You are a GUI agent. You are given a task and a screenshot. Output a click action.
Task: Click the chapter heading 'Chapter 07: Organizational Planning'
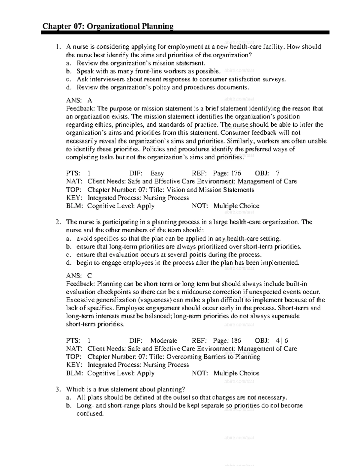(108, 26)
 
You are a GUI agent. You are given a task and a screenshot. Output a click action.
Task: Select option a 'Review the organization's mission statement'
(141, 63)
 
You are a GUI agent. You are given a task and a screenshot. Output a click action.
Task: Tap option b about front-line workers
(148, 71)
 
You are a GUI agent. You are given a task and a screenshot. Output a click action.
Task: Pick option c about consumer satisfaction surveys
(181, 79)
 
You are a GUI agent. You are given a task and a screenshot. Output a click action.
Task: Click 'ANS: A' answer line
(79, 101)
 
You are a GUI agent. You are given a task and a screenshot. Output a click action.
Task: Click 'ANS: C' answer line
(79, 276)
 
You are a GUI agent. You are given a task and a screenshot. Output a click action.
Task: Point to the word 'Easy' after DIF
(157, 173)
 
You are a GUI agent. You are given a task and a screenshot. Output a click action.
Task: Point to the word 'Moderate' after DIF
(164, 341)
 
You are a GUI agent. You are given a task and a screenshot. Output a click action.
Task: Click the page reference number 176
(236, 173)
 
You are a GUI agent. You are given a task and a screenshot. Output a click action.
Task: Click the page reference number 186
(236, 341)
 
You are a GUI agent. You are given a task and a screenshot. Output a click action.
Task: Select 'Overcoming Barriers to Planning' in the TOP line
(213, 357)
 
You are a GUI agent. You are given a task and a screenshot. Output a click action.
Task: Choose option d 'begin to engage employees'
(188, 263)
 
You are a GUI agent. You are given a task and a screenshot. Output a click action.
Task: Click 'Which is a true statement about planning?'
(125, 389)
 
